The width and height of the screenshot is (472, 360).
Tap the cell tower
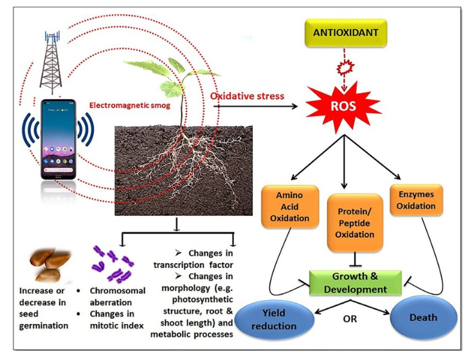tap(48, 58)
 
